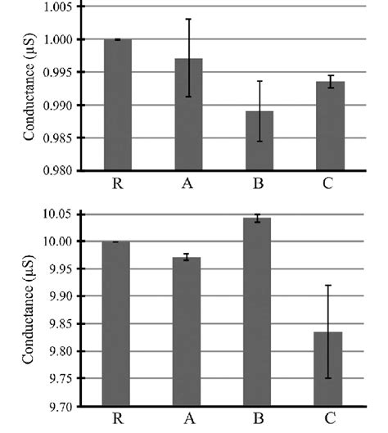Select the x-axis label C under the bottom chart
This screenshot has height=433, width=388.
tap(327, 420)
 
